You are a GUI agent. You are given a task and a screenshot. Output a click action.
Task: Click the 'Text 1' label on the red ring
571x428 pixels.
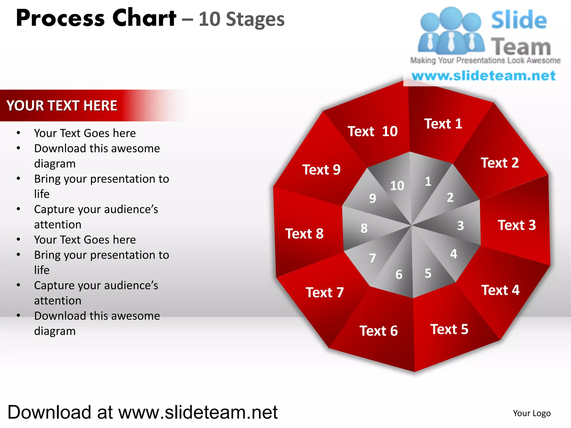pyautogui.click(x=443, y=124)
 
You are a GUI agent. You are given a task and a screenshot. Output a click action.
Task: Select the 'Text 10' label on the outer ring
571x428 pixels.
pyautogui.click(x=372, y=131)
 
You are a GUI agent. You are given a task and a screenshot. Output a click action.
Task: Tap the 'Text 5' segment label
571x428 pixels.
pyautogui.click(x=449, y=329)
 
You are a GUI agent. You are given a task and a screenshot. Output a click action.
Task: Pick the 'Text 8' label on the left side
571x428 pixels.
pyautogui.click(x=304, y=234)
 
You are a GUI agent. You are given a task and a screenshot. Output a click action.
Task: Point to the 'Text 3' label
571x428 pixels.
pyautogui.click(x=517, y=225)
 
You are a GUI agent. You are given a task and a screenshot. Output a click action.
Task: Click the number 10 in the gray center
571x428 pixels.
pyautogui.click(x=397, y=186)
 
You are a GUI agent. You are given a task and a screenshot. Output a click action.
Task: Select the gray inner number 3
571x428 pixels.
pyautogui.click(x=460, y=226)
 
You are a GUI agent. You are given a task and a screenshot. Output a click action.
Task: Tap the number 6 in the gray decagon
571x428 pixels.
pyautogui.click(x=399, y=275)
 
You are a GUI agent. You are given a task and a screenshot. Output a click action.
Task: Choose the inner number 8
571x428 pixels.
pyautogui.click(x=364, y=228)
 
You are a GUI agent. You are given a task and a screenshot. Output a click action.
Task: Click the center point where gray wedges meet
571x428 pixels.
pyautogui.click(x=412, y=225)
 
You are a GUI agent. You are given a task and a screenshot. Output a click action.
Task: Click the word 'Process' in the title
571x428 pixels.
pyautogui.click(x=60, y=18)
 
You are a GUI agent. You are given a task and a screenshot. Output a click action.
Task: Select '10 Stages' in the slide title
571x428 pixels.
pyautogui.click(x=241, y=20)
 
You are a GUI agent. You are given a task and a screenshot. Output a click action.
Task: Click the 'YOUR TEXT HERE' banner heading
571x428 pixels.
pyautogui.click(x=62, y=106)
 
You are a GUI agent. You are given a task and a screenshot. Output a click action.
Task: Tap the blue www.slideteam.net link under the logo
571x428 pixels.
pyautogui.click(x=483, y=76)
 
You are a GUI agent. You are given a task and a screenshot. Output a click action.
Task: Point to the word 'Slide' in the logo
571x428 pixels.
pyautogui.click(x=519, y=20)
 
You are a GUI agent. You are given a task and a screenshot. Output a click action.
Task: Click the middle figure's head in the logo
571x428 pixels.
pyautogui.click(x=451, y=17)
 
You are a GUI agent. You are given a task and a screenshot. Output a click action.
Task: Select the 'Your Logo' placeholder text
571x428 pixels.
pyautogui.click(x=532, y=413)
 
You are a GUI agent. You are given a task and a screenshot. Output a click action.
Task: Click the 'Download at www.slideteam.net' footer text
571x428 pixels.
pyautogui.click(x=142, y=412)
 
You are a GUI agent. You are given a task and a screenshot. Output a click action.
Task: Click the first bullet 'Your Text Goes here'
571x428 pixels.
pyautogui.click(x=85, y=133)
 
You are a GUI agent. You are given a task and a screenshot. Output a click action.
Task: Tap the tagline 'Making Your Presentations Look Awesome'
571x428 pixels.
pyautogui.click(x=485, y=60)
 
